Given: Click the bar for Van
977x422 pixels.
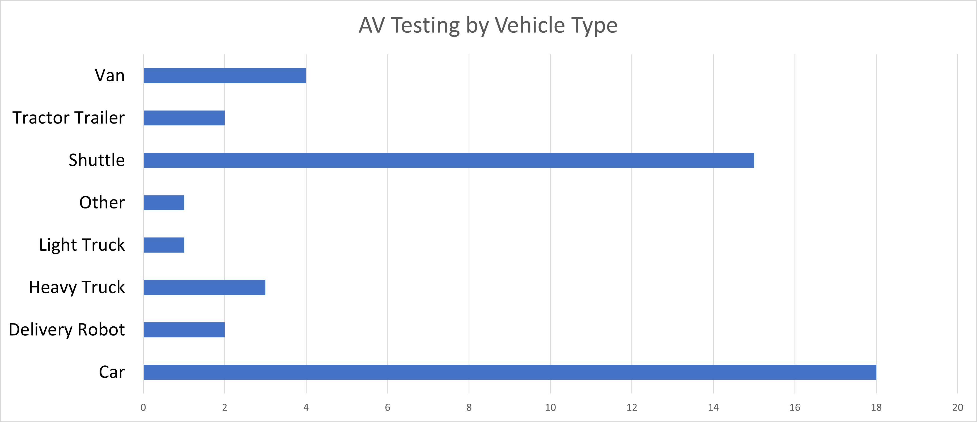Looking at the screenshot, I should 224,75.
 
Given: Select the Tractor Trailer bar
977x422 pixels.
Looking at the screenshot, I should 184,118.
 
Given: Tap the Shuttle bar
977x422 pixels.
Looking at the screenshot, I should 449,160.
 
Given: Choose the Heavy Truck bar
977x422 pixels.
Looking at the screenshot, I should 205,287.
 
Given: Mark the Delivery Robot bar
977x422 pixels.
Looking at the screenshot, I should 184,330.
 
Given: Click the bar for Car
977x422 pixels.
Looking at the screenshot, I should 510,372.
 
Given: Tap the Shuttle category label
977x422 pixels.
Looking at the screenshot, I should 97,160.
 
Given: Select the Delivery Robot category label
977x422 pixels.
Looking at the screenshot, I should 67,330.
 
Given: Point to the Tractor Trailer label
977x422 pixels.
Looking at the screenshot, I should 69,118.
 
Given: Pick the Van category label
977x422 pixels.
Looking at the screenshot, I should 110,75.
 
